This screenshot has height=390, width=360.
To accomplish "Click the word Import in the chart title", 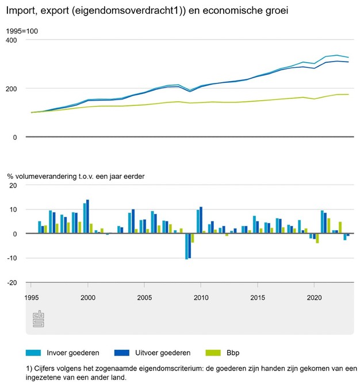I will click(x=19, y=10).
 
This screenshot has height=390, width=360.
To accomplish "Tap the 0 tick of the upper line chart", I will click(x=15, y=137).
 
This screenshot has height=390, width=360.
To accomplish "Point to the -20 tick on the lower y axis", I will click(x=12, y=282).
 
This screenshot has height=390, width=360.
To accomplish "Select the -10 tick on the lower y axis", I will click(x=12, y=258).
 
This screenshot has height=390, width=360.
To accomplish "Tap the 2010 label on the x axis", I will click(x=201, y=298).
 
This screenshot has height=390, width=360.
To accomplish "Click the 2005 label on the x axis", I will click(x=144, y=298).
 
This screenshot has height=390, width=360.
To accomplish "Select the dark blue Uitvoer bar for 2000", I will click(x=87, y=217).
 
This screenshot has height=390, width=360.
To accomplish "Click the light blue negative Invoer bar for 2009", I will click(x=186, y=246).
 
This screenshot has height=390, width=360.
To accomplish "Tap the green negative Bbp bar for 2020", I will click(x=317, y=238).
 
